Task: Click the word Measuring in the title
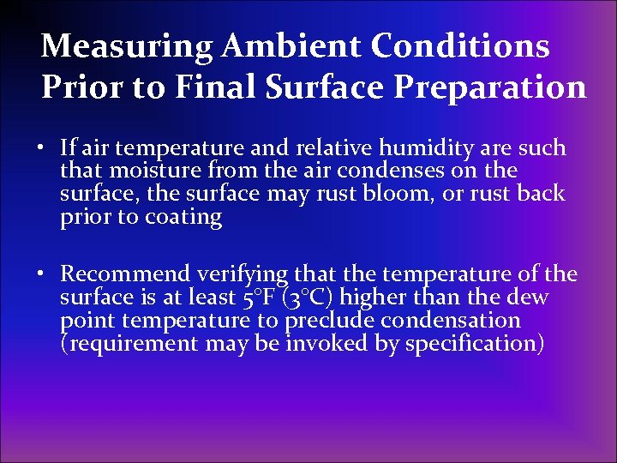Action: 127,45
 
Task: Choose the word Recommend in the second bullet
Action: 126,274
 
